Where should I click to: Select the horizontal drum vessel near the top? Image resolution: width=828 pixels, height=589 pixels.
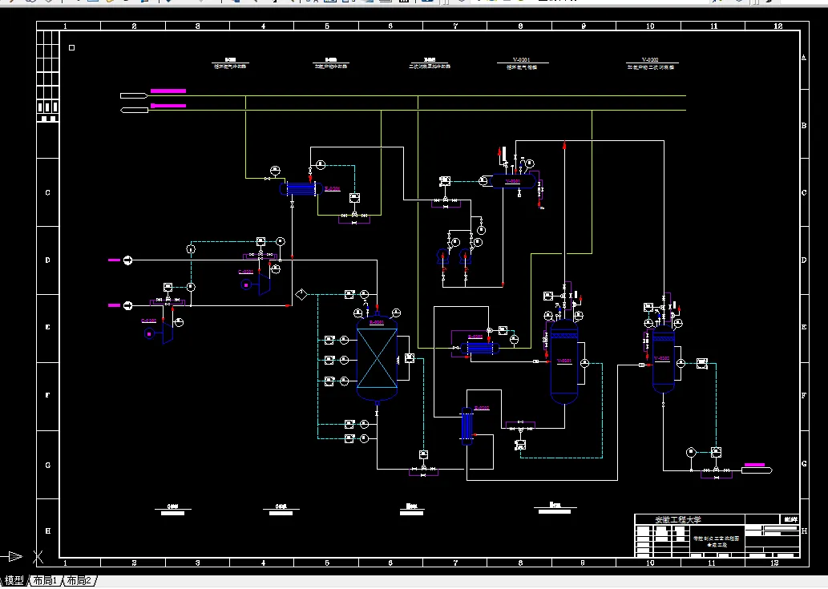click(512, 182)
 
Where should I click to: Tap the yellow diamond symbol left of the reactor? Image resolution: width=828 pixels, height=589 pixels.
click(301, 294)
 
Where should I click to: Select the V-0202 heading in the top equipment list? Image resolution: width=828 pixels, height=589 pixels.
click(649, 59)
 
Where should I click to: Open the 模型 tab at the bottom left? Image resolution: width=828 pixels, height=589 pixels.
click(14, 580)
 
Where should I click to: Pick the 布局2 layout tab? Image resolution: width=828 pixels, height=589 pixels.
click(79, 580)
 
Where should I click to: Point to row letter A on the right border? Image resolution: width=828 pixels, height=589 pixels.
click(804, 58)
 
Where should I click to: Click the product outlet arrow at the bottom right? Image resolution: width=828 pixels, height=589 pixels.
click(757, 470)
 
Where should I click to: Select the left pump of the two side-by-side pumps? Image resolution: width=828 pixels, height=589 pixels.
click(443, 256)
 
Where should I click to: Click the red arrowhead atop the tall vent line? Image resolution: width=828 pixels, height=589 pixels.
click(565, 145)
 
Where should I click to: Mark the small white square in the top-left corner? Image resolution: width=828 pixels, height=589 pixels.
click(71, 48)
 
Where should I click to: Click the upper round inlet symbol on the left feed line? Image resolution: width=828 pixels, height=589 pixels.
click(127, 260)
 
